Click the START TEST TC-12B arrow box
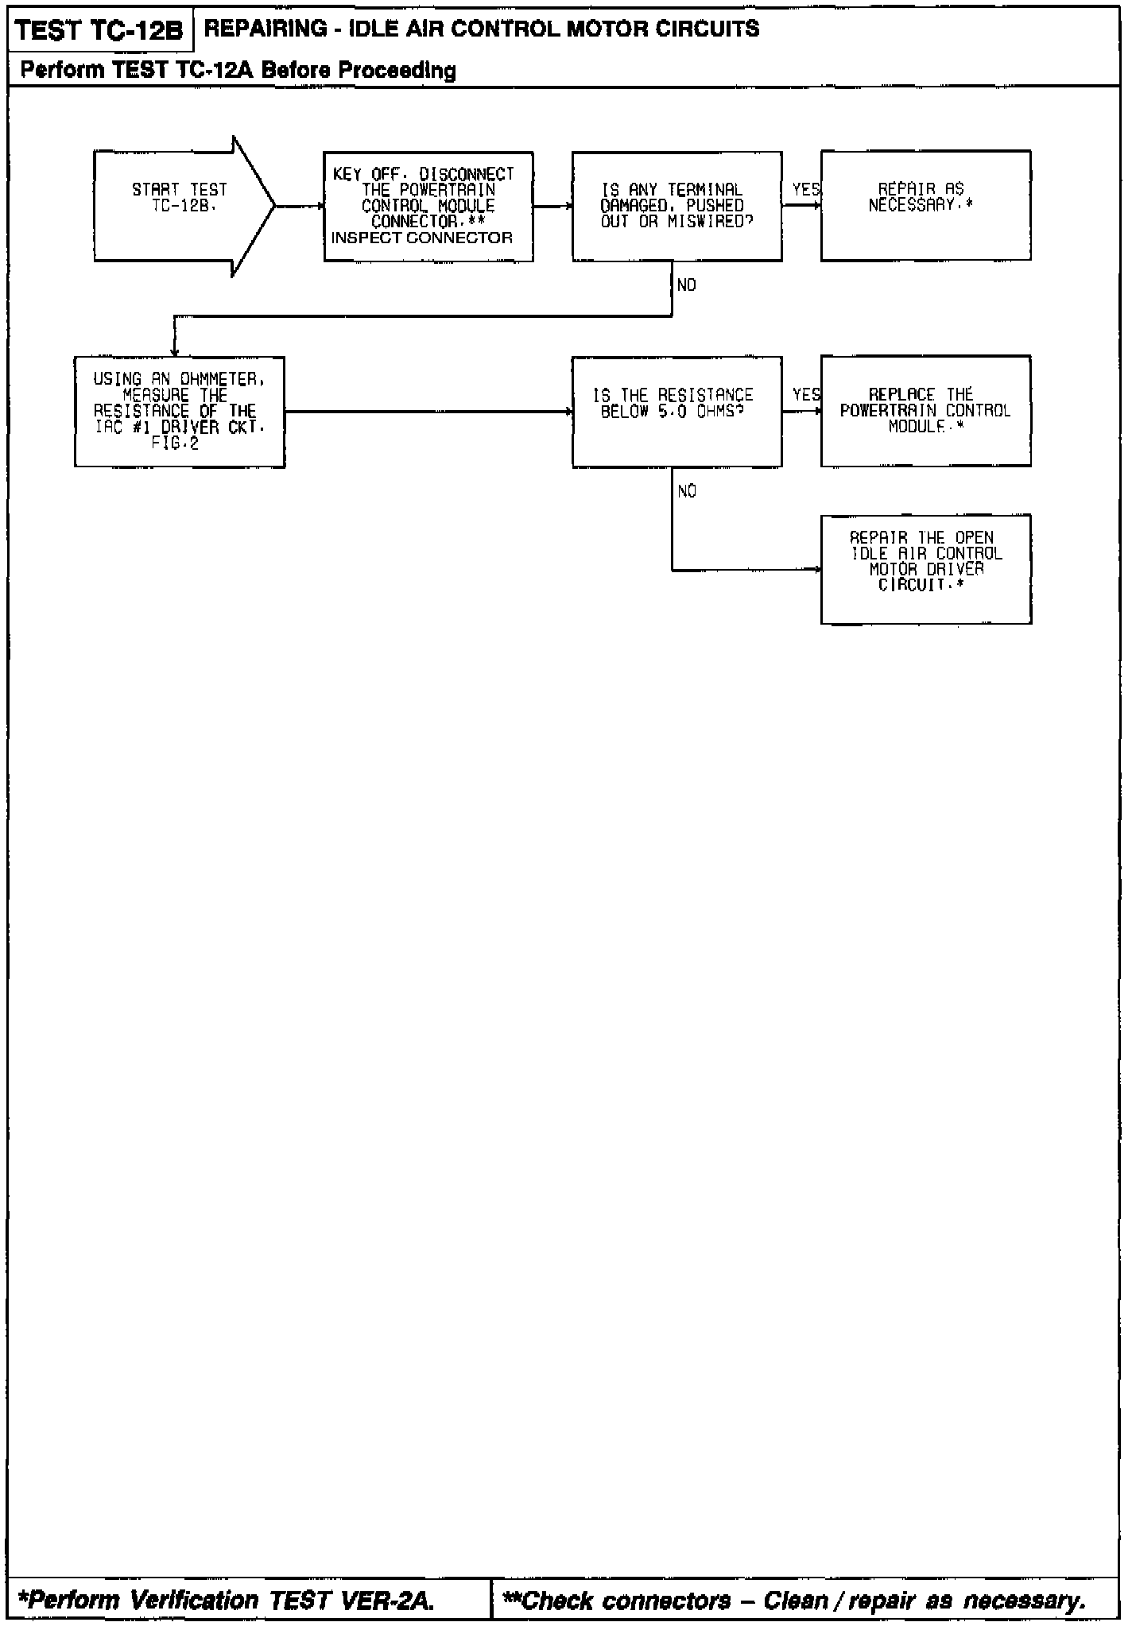[180, 206]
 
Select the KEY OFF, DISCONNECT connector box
[428, 206]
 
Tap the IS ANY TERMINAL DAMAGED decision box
[676, 206]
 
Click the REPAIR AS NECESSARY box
[925, 206]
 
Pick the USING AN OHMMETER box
[180, 411]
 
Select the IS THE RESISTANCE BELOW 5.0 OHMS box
[676, 411]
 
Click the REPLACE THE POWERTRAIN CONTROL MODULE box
[925, 411]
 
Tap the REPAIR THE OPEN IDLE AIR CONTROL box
[925, 569]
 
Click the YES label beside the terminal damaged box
[805, 190]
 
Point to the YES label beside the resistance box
[805, 395]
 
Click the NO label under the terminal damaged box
[687, 285]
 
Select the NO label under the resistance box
[687, 491]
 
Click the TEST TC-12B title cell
[99, 30]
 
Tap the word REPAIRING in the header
[254, 29]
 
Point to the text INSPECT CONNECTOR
[422, 238]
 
